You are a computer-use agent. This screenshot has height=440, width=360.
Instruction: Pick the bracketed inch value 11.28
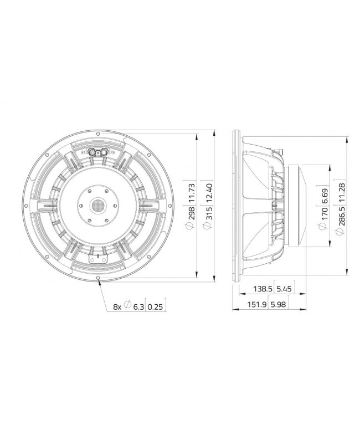[340, 196]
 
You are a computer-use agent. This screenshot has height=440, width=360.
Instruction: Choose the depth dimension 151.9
[256, 305]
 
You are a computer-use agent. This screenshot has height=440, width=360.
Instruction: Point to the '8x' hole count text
[117, 306]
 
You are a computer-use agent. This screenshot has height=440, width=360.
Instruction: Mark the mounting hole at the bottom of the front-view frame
[99, 278]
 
